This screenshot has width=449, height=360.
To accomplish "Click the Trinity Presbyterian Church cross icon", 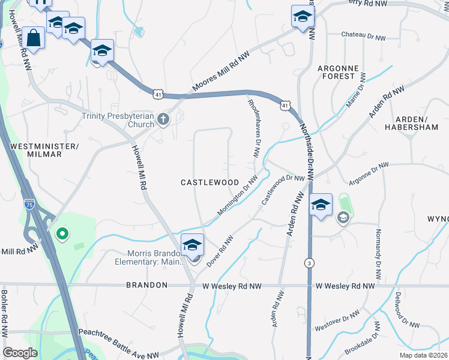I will pos(163,119).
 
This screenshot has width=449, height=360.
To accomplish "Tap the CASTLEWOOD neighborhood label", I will pos(210,182).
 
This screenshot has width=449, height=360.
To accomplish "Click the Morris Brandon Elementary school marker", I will pos(192,245).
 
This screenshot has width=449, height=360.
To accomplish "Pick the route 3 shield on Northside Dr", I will pos(309,263).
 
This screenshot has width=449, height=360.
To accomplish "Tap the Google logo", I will pos(20,352).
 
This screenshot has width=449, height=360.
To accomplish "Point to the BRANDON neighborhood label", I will pos(146,286).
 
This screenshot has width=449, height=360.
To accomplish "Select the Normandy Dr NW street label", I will pos(378,255).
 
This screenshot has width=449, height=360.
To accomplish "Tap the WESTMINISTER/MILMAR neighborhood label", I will pos(45,150).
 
